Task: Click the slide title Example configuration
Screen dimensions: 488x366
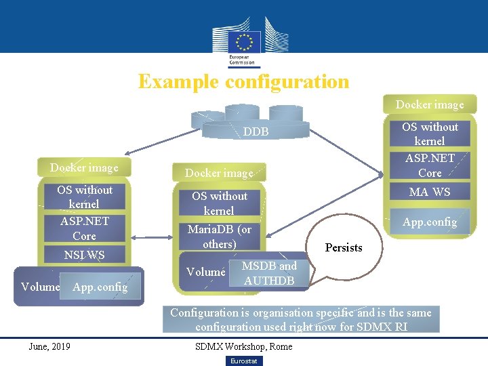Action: pos(243,82)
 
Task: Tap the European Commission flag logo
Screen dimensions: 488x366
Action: pos(243,42)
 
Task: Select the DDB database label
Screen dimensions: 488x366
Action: pos(256,131)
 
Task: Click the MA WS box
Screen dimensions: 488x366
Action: pos(430,192)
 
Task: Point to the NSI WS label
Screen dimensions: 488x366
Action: pos(84,256)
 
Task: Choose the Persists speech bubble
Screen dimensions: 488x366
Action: pos(344,247)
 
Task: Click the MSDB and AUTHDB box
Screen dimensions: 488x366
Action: pos(269,273)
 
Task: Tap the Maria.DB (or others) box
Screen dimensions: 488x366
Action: pos(219,236)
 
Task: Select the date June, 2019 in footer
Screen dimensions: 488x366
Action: pos(49,346)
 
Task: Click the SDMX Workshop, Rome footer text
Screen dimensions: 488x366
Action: pos(243,346)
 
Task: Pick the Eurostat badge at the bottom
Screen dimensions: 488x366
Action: pos(243,361)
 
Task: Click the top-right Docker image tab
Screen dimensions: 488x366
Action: pos(430,104)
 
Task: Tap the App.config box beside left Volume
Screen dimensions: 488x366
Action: pos(100,287)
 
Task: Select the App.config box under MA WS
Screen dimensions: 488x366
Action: pos(430,222)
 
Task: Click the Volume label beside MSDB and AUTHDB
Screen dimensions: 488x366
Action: pos(205,272)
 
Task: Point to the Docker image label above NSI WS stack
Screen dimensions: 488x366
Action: pos(84,167)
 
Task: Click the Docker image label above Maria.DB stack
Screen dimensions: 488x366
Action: pos(219,173)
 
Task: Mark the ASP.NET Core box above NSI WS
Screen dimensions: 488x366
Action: pos(84,228)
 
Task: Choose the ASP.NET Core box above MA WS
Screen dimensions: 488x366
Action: pos(430,165)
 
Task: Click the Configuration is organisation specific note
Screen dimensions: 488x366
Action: pos(300,319)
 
